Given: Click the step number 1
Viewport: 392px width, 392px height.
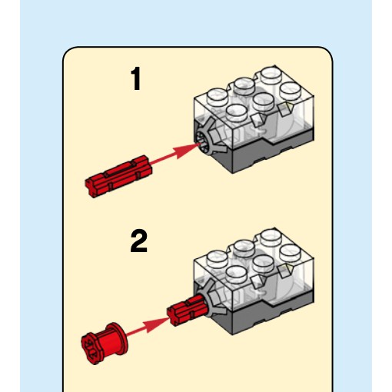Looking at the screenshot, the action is pyautogui.click(x=136, y=78).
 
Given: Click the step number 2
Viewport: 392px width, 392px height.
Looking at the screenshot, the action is pyautogui.click(x=139, y=241).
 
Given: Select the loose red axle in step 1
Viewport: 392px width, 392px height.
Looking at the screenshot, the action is pyautogui.click(x=118, y=176).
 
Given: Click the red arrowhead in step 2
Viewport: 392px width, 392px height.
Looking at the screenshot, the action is pyautogui.click(x=157, y=324).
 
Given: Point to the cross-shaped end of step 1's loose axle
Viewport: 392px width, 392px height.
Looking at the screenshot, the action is pyautogui.click(x=91, y=188).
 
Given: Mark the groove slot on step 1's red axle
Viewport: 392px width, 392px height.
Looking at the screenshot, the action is pyautogui.click(x=121, y=168).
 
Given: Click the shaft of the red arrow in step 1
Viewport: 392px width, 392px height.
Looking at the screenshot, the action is pyautogui.click(x=164, y=159).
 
